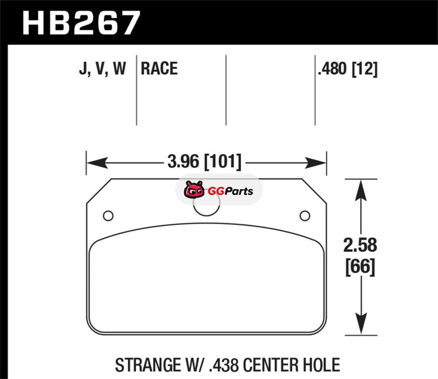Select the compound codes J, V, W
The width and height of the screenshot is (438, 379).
[102, 69]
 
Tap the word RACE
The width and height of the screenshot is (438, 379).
[159, 69]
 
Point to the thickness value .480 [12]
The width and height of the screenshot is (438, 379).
[348, 69]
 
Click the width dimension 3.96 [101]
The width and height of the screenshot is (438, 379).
[204, 162]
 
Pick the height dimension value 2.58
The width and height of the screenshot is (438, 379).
[360, 245]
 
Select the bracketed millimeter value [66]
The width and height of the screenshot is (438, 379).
[360, 267]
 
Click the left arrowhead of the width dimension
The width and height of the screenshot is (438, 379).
[97, 163]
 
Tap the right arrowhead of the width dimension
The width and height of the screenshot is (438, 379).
[316, 163]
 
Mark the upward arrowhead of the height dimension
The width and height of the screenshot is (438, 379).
[361, 190]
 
